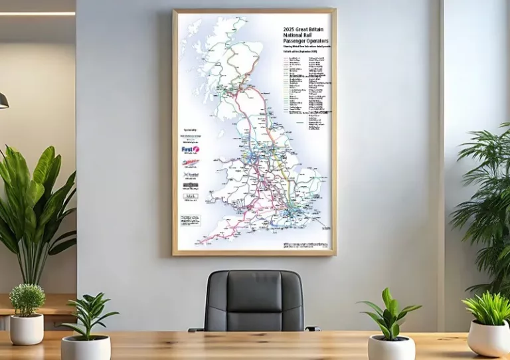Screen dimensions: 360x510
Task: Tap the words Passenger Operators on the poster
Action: tap(305, 42)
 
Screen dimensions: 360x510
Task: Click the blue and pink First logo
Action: tap(190, 150)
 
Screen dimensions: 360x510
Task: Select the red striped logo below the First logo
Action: tap(190, 163)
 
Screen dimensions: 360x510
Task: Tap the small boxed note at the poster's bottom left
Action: tap(189, 219)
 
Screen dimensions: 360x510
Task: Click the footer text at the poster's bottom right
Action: tap(305, 245)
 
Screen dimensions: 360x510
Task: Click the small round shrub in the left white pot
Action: tap(27, 300)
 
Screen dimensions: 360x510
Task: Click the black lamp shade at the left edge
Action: tap(3, 100)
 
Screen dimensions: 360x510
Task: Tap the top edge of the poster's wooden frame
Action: tap(254, 11)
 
